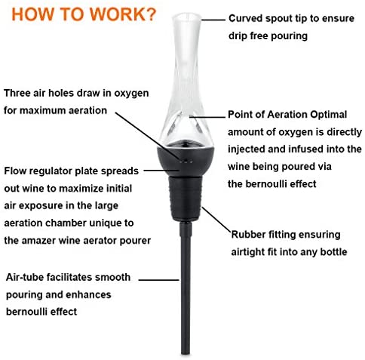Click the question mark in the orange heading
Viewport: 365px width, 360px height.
coord(151,14)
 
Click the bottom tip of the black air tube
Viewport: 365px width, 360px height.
coord(186,353)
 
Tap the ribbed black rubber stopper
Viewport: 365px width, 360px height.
coord(186,198)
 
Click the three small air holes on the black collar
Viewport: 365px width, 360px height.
coord(186,161)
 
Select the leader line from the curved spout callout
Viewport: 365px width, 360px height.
coord(213,20)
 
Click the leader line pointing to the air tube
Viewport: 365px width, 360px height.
coord(159,279)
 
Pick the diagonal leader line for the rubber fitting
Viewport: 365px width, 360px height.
coord(216,220)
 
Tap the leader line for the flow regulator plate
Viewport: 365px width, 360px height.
coord(161,171)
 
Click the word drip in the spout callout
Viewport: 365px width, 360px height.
coord(238,35)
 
